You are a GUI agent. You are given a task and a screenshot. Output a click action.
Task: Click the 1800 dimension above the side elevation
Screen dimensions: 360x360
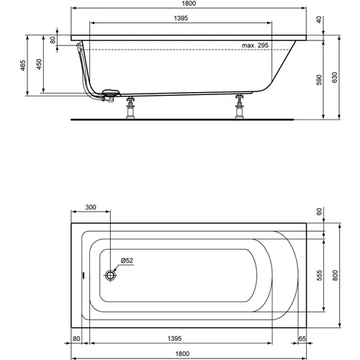pyautogui.click(x=192, y=4)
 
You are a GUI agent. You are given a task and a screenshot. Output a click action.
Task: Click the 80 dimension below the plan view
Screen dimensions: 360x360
pyautogui.click(x=76, y=337)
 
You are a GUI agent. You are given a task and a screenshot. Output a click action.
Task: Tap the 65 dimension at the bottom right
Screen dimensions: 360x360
pyautogui.click(x=302, y=337)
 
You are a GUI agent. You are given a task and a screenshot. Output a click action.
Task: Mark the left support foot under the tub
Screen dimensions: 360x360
pyautogui.click(x=130, y=109)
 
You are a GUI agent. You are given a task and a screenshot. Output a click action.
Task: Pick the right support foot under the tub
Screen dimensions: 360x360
pyautogui.click(x=238, y=109)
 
